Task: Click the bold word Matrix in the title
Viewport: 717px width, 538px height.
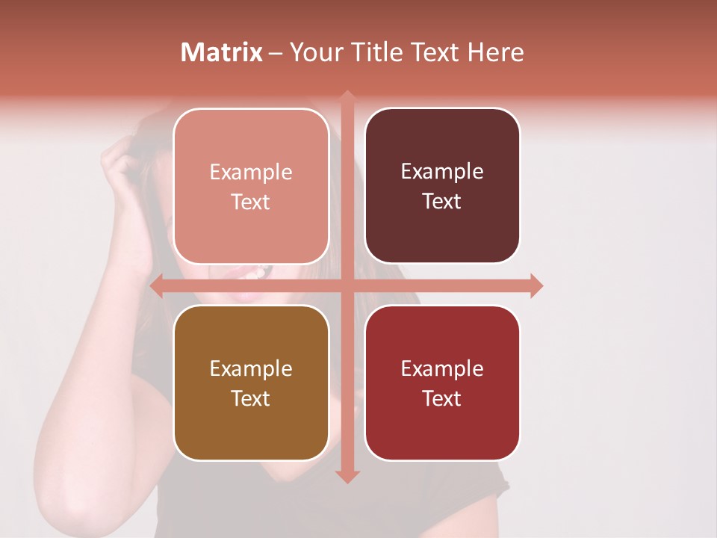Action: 222,52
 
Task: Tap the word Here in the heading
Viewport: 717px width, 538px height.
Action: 495,52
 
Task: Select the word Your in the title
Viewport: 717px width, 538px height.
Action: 314,52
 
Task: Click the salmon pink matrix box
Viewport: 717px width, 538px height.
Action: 251,186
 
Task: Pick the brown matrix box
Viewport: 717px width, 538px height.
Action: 251,383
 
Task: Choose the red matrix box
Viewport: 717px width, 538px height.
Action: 442,383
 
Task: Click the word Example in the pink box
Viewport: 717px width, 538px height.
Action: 251,173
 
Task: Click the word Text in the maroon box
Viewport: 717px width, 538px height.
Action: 442,201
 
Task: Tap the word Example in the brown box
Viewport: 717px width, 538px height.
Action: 251,368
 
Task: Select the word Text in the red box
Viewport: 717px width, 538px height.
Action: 442,398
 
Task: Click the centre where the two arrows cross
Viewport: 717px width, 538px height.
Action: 347,285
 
